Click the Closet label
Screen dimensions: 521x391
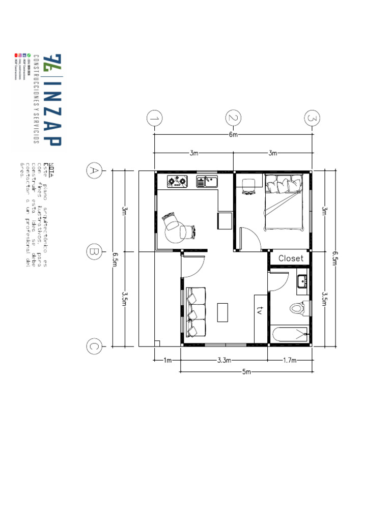click(291, 258)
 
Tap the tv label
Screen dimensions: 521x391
click(260, 310)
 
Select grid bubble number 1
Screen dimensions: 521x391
click(154, 119)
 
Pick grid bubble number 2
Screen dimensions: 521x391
click(233, 119)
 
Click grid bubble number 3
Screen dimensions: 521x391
click(312, 119)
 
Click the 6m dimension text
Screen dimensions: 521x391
click(233, 135)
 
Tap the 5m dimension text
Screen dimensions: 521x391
click(247, 372)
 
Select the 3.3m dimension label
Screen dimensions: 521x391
click(224, 360)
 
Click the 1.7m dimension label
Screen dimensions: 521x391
click(289, 360)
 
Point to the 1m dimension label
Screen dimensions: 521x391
click(167, 360)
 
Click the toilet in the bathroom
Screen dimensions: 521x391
click(297, 308)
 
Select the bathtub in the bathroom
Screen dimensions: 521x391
click(289, 335)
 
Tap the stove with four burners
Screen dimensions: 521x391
click(177, 181)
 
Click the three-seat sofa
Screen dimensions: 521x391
click(195, 312)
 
